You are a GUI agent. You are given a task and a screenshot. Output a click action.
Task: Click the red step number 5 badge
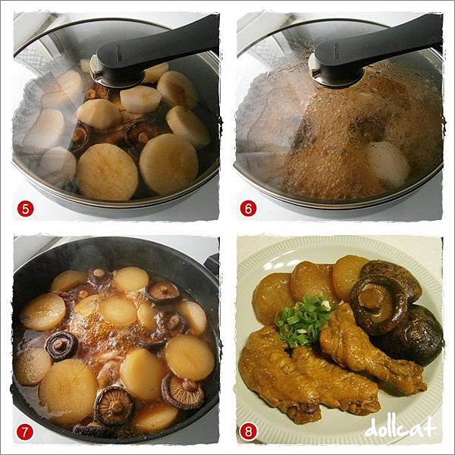tap(25, 209)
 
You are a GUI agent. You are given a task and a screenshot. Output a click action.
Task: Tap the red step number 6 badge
tap(248, 209)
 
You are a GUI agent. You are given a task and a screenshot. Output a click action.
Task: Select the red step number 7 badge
tap(24, 432)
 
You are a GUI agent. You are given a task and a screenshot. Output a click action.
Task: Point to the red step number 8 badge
tap(249, 432)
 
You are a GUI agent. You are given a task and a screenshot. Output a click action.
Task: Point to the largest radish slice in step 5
tap(107, 172)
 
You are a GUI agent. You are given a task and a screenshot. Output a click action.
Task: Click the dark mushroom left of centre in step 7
tap(62, 346)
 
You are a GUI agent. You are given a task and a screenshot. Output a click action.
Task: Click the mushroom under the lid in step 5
tap(141, 133)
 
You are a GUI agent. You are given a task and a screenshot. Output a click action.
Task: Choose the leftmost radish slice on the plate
tap(272, 299)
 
